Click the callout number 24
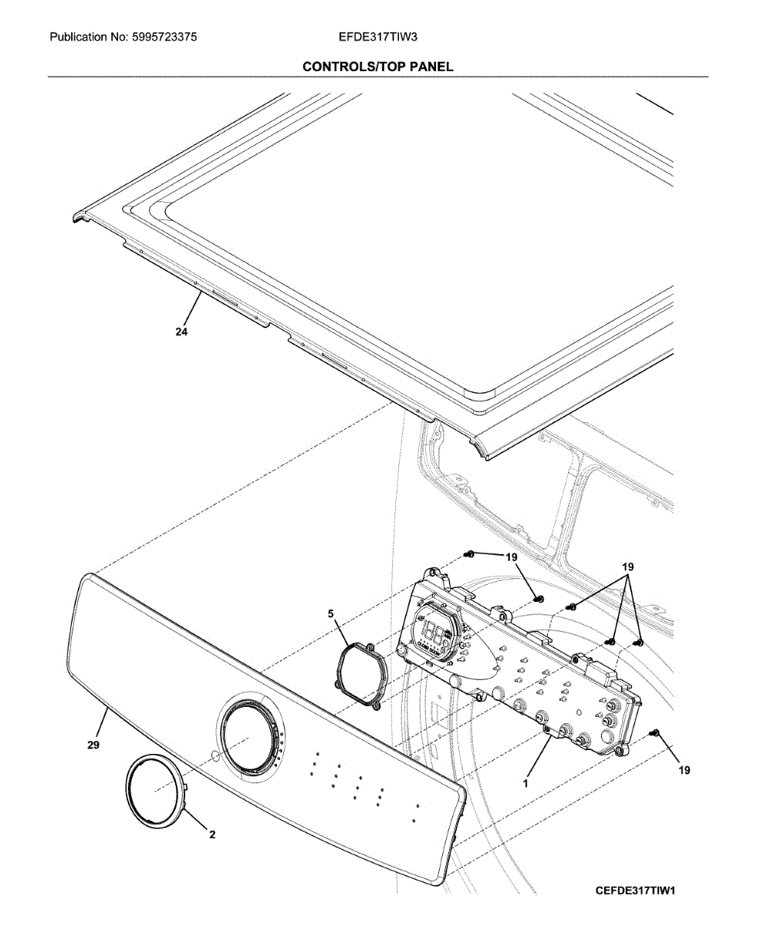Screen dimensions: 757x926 (x=181, y=332)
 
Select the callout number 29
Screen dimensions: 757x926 (x=93, y=745)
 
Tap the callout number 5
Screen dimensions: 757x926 (x=330, y=614)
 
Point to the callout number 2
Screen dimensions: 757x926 (x=212, y=834)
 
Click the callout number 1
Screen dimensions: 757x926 (x=526, y=782)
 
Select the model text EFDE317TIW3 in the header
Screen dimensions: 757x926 (x=378, y=36)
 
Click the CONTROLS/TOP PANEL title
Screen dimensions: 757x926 (x=378, y=66)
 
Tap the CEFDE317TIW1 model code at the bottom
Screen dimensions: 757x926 (x=635, y=891)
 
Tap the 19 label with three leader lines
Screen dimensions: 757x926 (x=628, y=568)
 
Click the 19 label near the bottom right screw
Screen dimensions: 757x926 (x=684, y=769)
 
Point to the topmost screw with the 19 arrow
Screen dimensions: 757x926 (x=468, y=553)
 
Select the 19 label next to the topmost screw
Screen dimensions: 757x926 (x=512, y=557)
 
